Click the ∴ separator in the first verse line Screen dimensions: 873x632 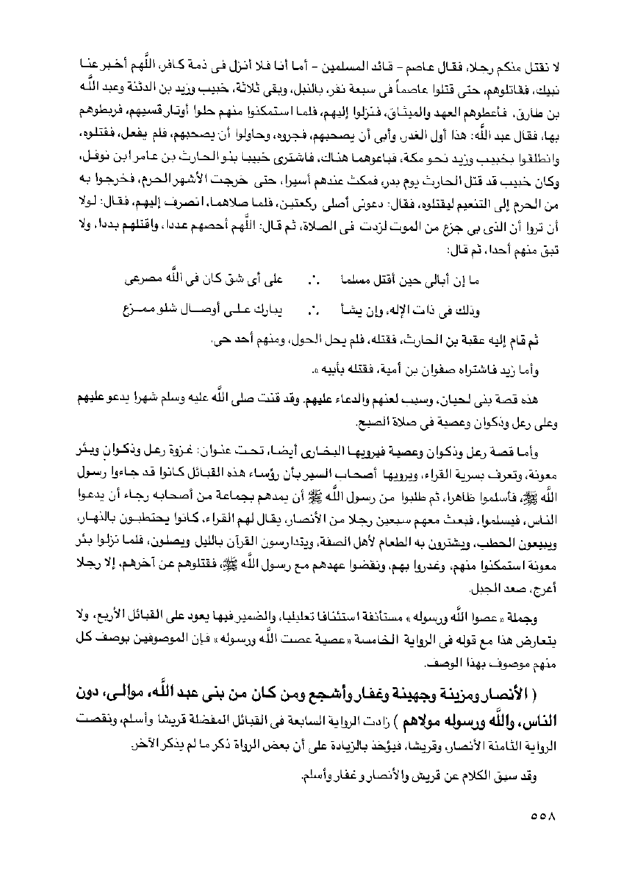pyautogui.click(x=311, y=279)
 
